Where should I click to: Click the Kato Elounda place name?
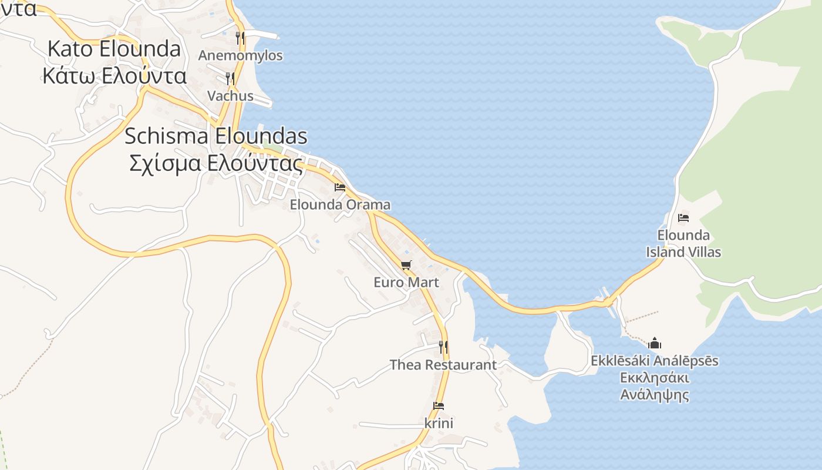pos(114,49)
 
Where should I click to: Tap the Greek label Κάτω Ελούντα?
pos(114,76)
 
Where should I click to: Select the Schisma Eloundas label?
pos(216,136)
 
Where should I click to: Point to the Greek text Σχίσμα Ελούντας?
pos(216,163)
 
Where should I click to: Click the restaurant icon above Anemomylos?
pos(240,38)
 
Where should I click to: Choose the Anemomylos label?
pos(240,56)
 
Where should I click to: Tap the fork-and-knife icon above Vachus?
pos(230,78)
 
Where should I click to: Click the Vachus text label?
pos(230,96)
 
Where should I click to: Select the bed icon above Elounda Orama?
pos(340,187)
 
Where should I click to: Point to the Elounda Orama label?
pos(340,205)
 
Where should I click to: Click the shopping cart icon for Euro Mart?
pos(406,265)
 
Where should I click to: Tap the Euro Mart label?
pos(406,283)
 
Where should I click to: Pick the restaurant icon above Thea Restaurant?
pos(443,347)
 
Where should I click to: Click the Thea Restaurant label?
pos(443,365)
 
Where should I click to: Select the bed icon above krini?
pos(439,405)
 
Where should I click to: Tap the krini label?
pos(439,423)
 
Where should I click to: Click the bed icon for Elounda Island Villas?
pos(683,218)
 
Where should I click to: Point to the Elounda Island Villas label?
pos(683,244)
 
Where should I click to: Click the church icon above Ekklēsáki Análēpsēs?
pos(655,343)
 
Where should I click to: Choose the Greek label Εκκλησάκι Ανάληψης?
pos(655,385)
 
